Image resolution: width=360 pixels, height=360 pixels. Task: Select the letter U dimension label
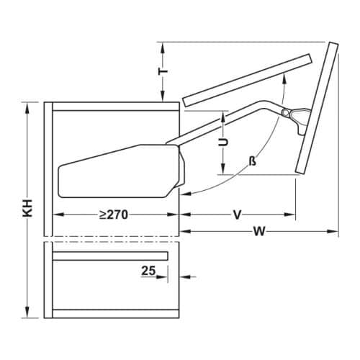[224, 142]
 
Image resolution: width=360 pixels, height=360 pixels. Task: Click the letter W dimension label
[258, 232]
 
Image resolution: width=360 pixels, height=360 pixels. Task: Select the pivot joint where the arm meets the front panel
[289, 113]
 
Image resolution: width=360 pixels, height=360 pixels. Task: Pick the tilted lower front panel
[317, 108]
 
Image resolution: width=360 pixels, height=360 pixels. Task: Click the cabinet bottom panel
[115, 313]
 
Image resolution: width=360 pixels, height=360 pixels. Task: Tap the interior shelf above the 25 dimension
[112, 255]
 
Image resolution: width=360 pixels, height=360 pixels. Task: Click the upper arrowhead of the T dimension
[164, 46]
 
